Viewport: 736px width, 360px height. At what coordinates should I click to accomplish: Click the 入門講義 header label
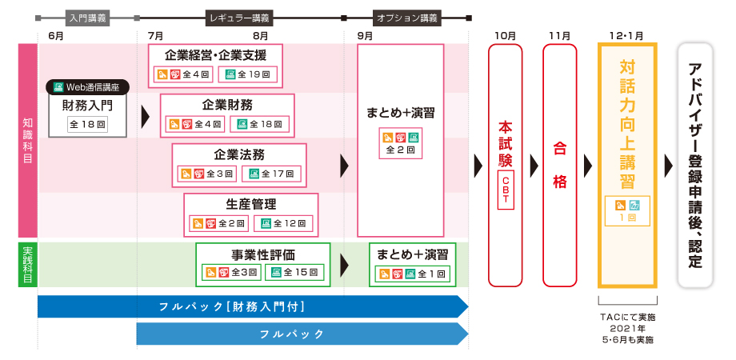click(88, 17)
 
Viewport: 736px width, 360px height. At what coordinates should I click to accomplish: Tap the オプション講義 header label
click(406, 17)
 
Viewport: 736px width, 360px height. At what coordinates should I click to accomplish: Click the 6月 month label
click(56, 36)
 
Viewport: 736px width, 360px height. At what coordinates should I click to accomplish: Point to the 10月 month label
click(505, 36)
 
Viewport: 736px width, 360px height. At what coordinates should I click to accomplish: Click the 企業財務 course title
click(227, 104)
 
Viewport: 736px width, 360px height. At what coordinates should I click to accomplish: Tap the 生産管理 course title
click(251, 204)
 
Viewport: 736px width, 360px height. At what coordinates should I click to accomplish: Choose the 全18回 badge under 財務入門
click(88, 124)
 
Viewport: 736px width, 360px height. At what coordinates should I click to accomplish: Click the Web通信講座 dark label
click(88, 86)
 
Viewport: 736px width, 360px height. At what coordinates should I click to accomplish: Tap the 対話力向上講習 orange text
click(627, 120)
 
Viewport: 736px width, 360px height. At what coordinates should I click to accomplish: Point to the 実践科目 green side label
click(28, 264)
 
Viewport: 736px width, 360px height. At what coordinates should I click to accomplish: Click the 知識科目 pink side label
click(28, 140)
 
